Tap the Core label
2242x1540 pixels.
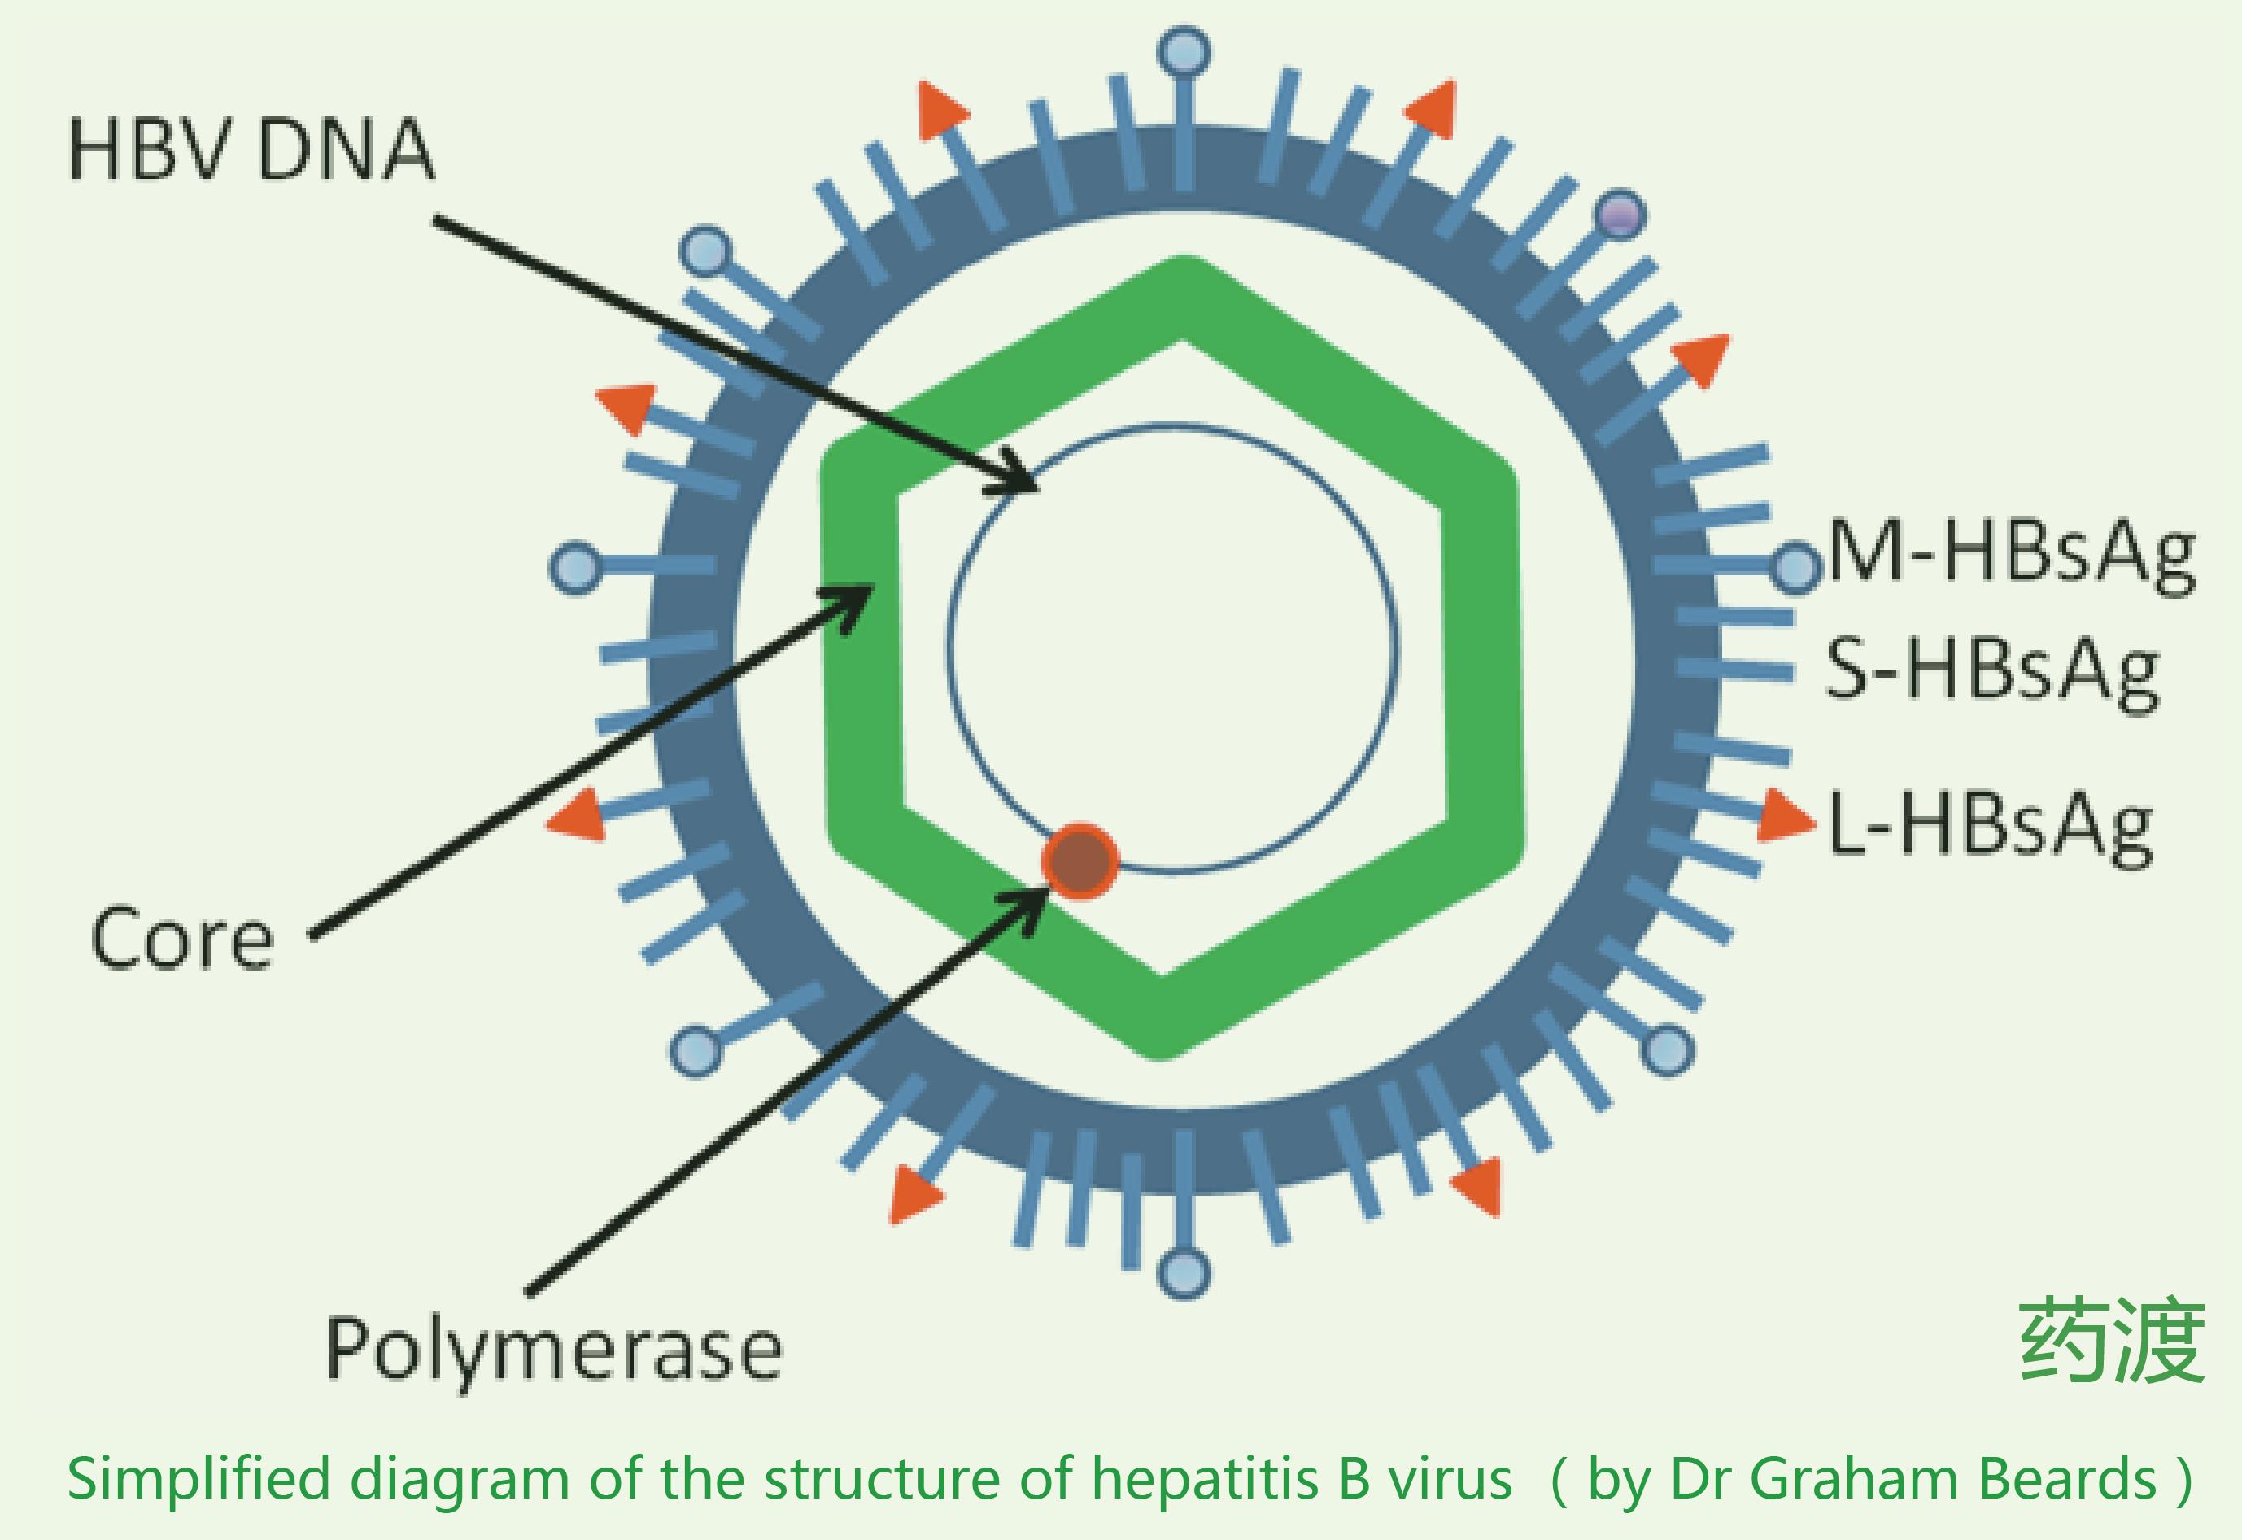pyautogui.click(x=182, y=939)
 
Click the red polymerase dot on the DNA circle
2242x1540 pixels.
pyautogui.click(x=1080, y=861)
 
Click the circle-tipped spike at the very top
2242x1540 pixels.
pyautogui.click(x=1184, y=52)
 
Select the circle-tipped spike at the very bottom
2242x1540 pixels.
pyautogui.click(x=1184, y=1272)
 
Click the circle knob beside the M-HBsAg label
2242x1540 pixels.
pyautogui.click(x=1795, y=567)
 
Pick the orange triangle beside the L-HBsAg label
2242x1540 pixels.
pyautogui.click(x=1784, y=816)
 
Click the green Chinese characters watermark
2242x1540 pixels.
pyautogui.click(x=2112, y=1342)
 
